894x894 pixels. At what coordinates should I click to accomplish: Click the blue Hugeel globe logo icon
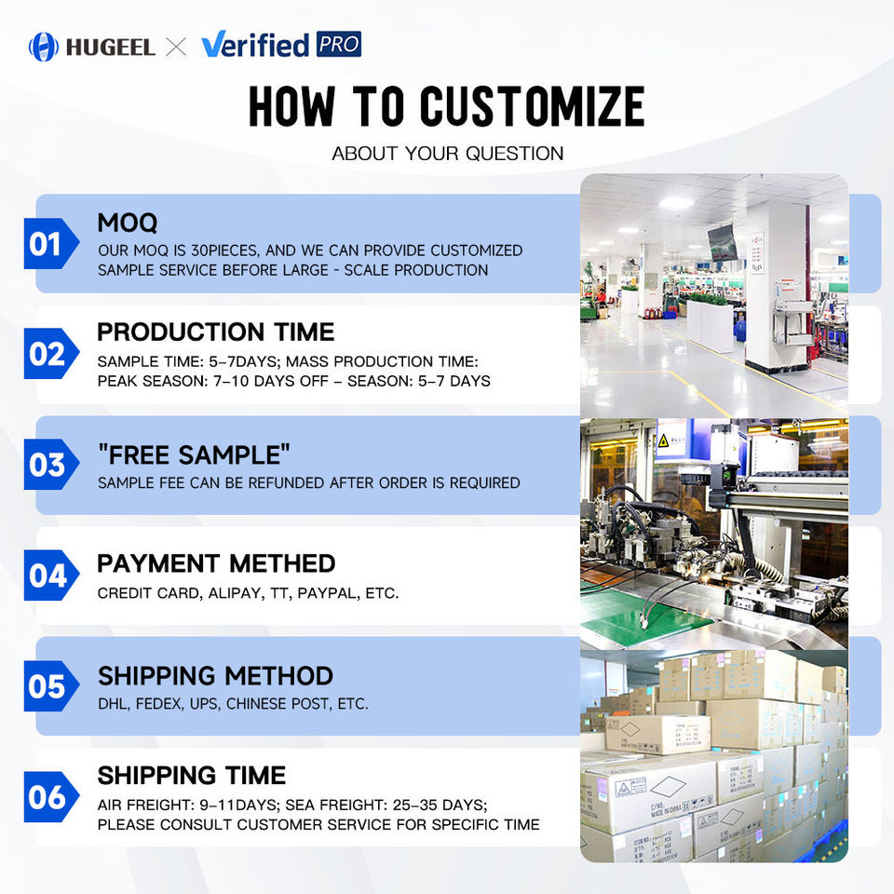(x=44, y=47)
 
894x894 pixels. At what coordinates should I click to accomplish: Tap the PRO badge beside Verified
(x=339, y=44)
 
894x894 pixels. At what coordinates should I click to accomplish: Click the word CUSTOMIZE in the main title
(x=533, y=106)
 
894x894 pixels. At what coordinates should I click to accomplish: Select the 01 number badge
(x=51, y=243)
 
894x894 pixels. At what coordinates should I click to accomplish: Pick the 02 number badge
(x=51, y=354)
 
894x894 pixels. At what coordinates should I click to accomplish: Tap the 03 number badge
(x=51, y=464)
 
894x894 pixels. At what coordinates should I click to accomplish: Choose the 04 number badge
(x=51, y=575)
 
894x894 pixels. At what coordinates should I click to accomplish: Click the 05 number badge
(x=51, y=686)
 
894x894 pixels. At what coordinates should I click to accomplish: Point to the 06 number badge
(x=51, y=796)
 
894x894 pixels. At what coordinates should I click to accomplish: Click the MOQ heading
(x=128, y=223)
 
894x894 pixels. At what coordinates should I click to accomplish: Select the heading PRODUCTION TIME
(x=215, y=332)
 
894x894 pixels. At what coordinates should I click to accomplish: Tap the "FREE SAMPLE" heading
(x=194, y=455)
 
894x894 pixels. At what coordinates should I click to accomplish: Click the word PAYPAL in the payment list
(x=329, y=593)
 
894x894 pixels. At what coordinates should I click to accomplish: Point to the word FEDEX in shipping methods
(x=159, y=704)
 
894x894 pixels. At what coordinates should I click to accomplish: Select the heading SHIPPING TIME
(x=192, y=776)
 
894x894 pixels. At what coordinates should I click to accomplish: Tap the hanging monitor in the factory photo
(x=722, y=242)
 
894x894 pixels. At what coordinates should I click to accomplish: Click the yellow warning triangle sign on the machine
(x=663, y=440)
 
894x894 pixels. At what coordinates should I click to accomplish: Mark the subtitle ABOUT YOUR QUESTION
(x=448, y=154)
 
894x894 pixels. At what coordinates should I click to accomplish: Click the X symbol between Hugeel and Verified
(x=176, y=47)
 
